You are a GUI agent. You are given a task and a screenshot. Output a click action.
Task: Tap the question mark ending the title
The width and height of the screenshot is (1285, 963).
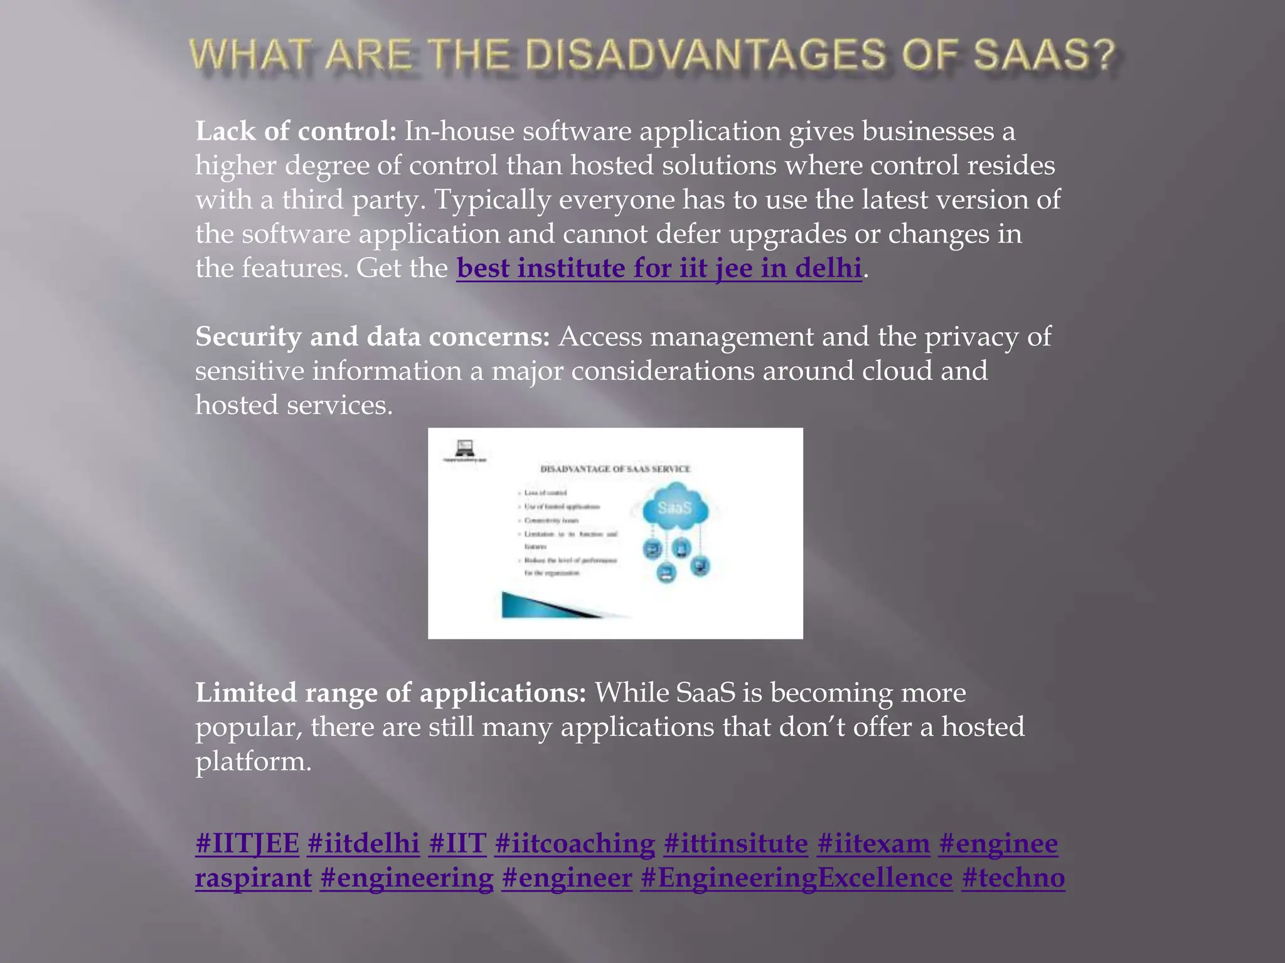tap(1104, 55)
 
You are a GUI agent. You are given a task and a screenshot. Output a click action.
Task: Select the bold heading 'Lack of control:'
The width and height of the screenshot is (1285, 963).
tap(296, 131)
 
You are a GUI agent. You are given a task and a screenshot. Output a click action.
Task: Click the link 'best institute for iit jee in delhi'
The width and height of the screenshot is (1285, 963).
tap(659, 268)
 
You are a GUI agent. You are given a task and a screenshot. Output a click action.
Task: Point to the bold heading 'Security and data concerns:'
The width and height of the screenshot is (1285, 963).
tap(373, 337)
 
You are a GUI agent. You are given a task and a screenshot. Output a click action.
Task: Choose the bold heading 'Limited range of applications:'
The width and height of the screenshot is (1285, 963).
tap(391, 693)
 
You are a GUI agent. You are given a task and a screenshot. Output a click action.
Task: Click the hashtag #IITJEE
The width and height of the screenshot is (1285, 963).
tap(247, 843)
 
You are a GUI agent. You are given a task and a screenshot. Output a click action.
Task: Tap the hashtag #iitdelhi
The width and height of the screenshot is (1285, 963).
tap(363, 843)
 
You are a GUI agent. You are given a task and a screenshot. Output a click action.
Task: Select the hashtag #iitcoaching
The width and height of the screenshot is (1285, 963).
tap(575, 843)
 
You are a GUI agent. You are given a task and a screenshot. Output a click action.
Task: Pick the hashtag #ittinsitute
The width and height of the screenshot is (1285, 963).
tap(736, 843)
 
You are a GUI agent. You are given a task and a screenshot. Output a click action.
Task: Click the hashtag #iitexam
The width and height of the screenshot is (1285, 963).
tap(873, 843)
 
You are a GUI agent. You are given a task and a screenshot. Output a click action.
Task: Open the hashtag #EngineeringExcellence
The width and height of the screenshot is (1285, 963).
tap(796, 878)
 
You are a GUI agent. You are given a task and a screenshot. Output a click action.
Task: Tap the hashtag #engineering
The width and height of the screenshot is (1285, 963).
tap(407, 878)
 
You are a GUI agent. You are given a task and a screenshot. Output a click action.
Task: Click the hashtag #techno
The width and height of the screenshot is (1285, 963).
tap(1013, 878)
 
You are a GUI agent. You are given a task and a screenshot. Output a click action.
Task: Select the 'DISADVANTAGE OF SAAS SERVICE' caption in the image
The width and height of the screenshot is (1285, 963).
tap(615, 469)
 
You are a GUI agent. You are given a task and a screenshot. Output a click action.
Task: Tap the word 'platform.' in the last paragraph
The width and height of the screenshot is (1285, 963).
tap(253, 761)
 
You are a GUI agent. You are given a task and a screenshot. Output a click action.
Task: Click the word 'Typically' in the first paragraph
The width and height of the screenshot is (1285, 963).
tap(493, 200)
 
